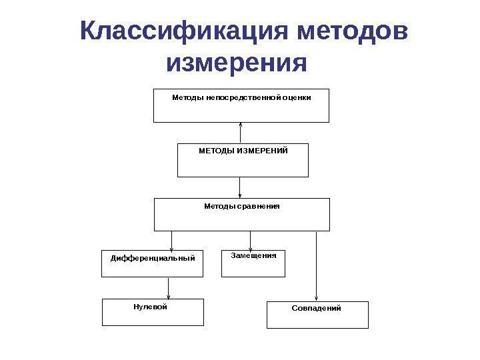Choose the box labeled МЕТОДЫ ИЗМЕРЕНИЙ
pyautogui.click(x=243, y=160)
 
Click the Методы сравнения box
pyautogui.click(x=242, y=214)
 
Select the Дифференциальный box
pyautogui.click(x=153, y=263)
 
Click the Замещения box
pyautogui.click(x=253, y=263)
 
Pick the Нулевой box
pyautogui.click(x=152, y=312)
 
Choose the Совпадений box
pyautogui.click(x=317, y=315)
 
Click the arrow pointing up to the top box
pyautogui.click(x=240, y=133)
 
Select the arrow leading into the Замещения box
pyautogui.click(x=250, y=241)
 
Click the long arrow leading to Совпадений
pyautogui.click(x=317, y=267)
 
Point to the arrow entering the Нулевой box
pyautogui.click(x=169, y=287)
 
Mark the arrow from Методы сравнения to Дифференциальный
pyautogui.click(x=172, y=240)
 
